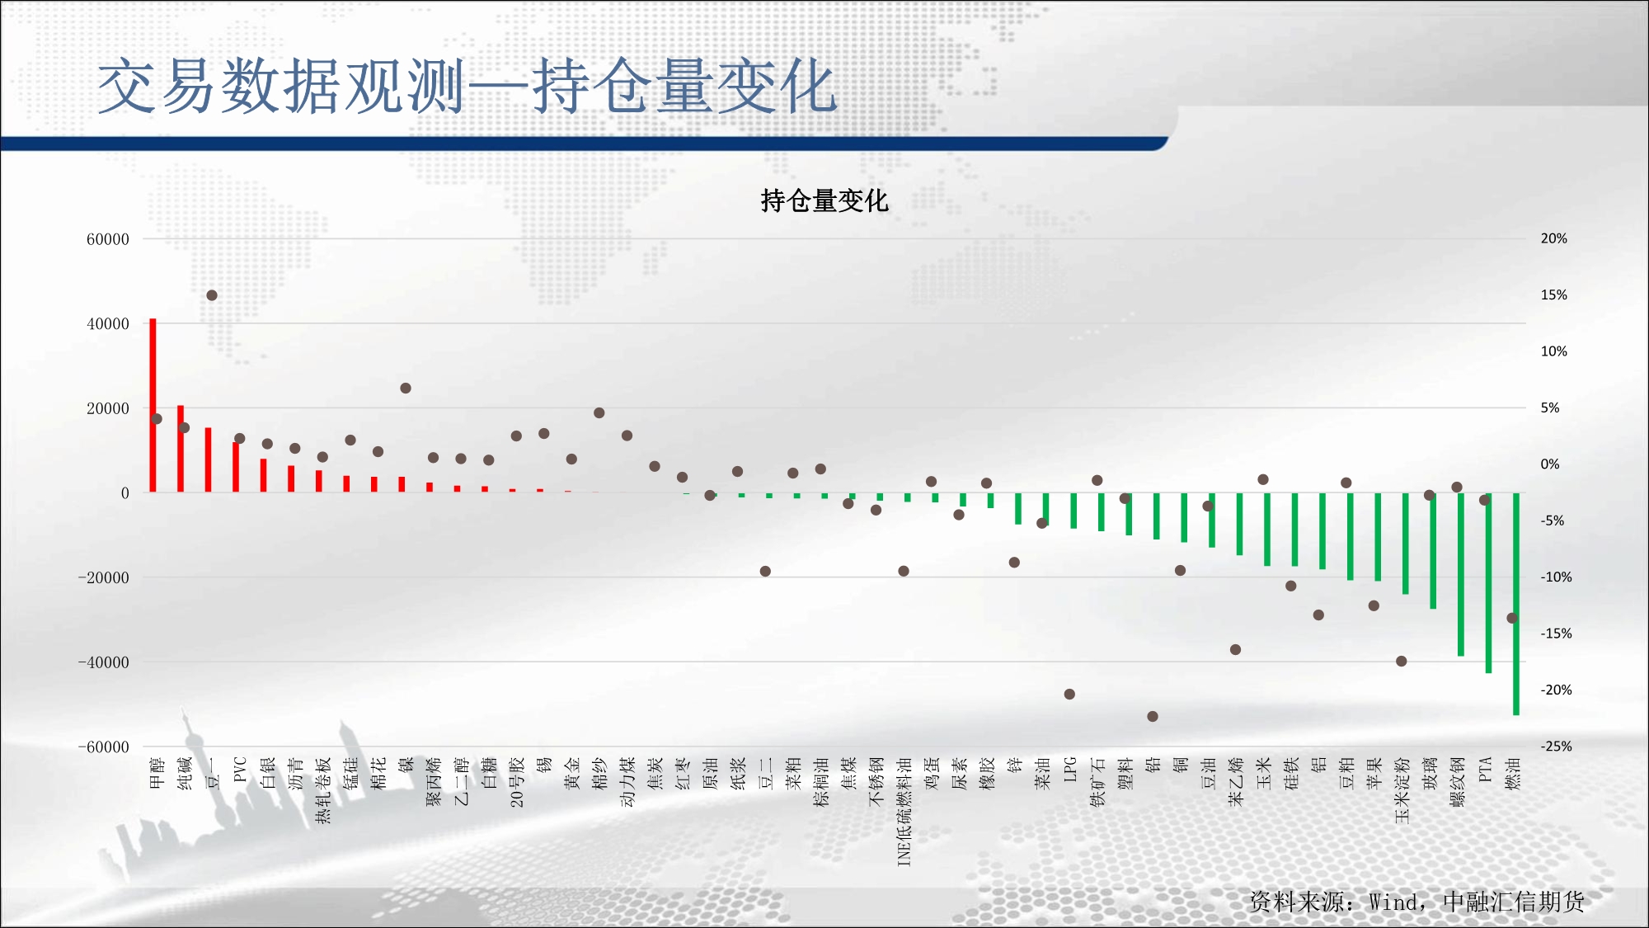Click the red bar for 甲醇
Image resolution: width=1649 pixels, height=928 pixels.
pos(153,406)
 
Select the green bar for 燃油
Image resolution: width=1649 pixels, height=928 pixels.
pos(1516,604)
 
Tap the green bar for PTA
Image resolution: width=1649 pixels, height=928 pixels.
pos(1488,583)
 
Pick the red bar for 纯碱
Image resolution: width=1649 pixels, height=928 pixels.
pos(181,449)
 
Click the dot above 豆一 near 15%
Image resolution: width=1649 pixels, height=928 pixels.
pos(212,295)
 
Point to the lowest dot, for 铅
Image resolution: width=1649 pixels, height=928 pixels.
pos(1153,716)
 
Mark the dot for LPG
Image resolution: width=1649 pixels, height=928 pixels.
pos(1069,694)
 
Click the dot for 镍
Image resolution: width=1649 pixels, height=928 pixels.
pos(406,388)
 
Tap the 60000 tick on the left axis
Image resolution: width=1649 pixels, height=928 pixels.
pos(108,239)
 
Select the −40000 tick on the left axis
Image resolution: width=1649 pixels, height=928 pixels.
pos(104,662)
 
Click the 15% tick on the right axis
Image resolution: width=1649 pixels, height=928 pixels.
pos(1554,294)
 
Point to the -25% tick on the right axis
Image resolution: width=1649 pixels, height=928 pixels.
pos(1556,747)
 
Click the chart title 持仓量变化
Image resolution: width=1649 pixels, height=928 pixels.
pos(824,200)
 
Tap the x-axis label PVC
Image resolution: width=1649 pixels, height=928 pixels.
pos(240,769)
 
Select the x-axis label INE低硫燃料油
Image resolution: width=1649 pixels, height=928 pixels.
pos(904,812)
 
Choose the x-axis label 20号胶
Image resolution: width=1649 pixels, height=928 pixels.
pos(517,781)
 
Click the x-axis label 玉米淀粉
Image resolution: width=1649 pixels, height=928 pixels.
pos(1402,790)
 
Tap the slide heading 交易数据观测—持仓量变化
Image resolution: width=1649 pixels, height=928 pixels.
pos(467,86)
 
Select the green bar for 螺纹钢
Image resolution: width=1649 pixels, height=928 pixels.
pos(1461,574)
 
